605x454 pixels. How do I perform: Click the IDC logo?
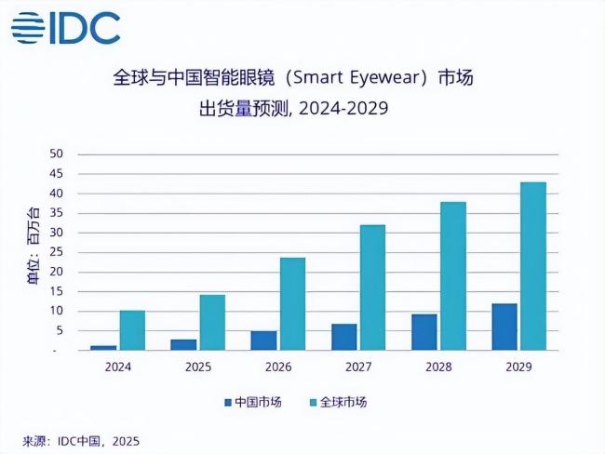pos(66,27)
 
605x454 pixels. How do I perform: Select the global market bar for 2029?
pos(532,266)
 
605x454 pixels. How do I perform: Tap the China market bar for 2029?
pos(504,327)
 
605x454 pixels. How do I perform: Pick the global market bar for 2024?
pos(132,330)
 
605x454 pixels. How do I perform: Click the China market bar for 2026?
pos(263,340)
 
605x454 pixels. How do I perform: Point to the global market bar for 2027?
pos(372,287)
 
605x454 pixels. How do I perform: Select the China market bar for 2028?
pos(424,332)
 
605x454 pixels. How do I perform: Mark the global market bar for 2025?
pos(213,322)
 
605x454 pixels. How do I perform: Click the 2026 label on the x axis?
pos(278,367)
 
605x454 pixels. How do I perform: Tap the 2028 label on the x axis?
pos(438,367)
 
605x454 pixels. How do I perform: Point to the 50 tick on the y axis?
pos(56,154)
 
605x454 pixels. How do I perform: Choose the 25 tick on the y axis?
pos(56,252)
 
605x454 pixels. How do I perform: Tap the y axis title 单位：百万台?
pos(34,252)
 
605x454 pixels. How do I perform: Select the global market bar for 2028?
pos(452,276)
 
